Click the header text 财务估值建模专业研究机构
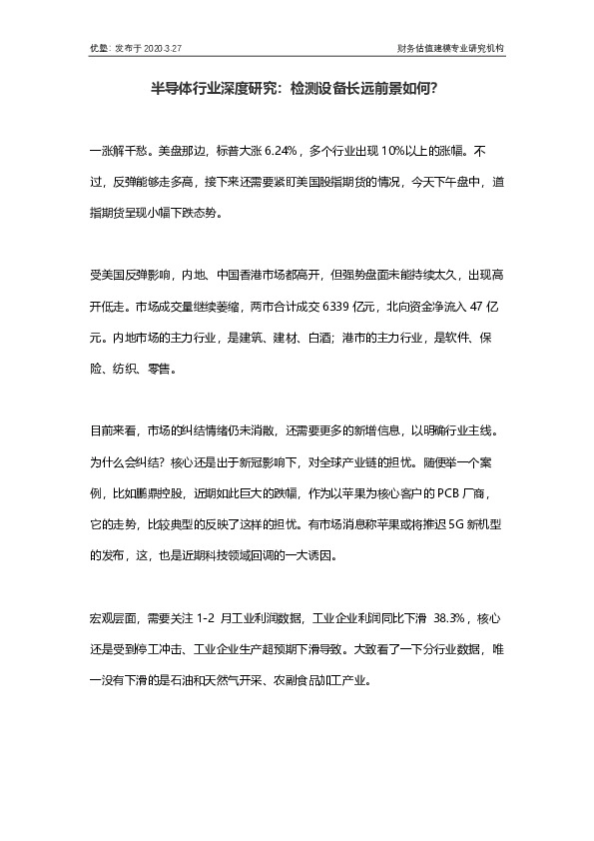tap(450, 47)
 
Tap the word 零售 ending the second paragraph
tap(166, 368)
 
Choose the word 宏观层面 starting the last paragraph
tap(113, 619)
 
